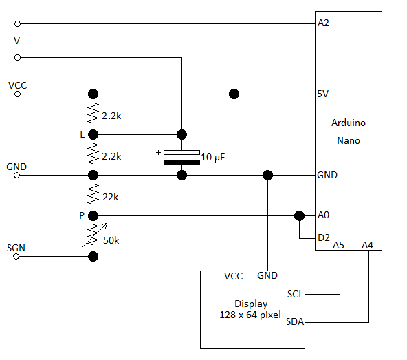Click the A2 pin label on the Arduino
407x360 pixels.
click(323, 23)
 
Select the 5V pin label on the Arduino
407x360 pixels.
click(322, 94)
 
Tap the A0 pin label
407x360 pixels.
click(323, 215)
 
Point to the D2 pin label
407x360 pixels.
click(324, 237)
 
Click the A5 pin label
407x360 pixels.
click(338, 245)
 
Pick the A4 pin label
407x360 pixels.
click(367, 245)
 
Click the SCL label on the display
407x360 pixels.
click(295, 294)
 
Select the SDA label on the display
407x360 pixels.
click(295, 321)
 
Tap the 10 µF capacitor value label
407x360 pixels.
click(213, 157)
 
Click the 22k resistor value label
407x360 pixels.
click(111, 198)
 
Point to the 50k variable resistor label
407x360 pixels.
click(111, 240)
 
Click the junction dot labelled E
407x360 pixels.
click(93, 135)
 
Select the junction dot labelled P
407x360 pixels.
click(93, 215)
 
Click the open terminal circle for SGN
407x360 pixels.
click(16, 257)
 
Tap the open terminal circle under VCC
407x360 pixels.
click(17, 94)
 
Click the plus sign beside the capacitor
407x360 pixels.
click(158, 152)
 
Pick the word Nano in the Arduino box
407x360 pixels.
click(349, 140)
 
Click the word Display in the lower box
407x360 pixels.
click(251, 304)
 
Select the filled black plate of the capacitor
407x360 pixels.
click(181, 162)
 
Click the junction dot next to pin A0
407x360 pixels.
click(299, 215)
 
